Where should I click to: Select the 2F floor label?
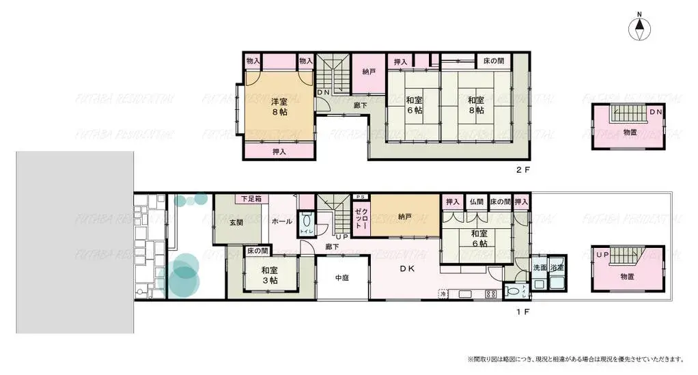[x=522, y=169]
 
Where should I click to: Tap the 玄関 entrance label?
[x=236, y=222]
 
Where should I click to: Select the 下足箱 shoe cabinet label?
[x=252, y=199]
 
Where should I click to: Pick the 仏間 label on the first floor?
[x=475, y=202]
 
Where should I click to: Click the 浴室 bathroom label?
[x=557, y=268]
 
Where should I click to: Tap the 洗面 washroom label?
[x=540, y=268]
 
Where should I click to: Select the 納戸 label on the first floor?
[x=404, y=217]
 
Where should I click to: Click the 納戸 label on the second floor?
[x=369, y=72]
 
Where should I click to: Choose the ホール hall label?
[x=282, y=222]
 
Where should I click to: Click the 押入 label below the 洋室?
[x=279, y=152]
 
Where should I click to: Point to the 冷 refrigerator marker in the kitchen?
[x=443, y=294]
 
